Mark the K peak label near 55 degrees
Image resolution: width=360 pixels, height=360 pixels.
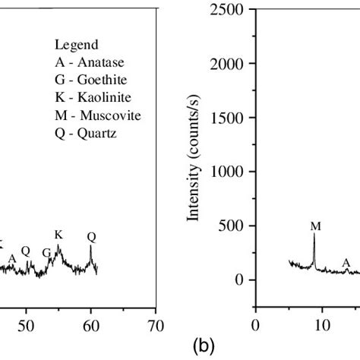58,235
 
